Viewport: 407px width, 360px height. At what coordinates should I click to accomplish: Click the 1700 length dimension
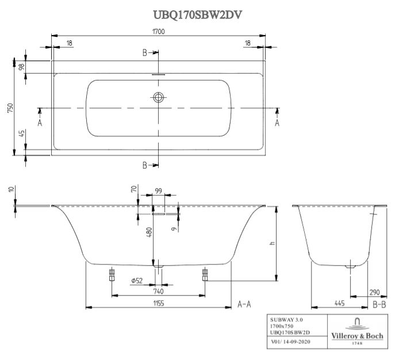tap(159, 32)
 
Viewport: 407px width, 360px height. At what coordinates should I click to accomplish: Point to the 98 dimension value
tap(22, 67)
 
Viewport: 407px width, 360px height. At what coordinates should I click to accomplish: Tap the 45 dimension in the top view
tap(22, 134)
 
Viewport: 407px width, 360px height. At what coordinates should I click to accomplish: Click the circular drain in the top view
tap(159, 98)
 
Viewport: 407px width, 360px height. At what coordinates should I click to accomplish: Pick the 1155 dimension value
tap(158, 303)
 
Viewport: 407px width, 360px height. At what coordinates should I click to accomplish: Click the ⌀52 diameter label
tap(137, 280)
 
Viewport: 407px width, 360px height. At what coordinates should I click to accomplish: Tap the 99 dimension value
tap(158, 192)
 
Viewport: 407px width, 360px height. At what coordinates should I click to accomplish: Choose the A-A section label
tap(244, 304)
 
